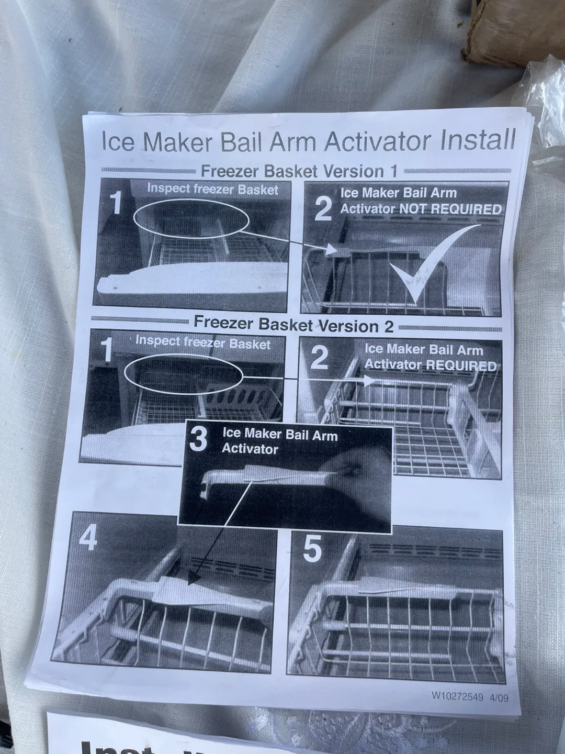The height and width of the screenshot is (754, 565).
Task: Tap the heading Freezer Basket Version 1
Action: pos(299,171)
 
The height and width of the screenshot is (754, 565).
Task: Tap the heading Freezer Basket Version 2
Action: pos(293,325)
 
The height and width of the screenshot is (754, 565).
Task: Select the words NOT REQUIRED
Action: pos(450,209)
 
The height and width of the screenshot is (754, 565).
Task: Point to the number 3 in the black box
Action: pos(198,439)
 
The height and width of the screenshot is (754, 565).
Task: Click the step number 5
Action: pos(312,549)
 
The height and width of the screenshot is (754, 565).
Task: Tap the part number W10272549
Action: pos(457,696)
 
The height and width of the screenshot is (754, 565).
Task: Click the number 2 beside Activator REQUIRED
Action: pos(319,358)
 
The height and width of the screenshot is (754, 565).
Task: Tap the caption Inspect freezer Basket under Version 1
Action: pos(212,189)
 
